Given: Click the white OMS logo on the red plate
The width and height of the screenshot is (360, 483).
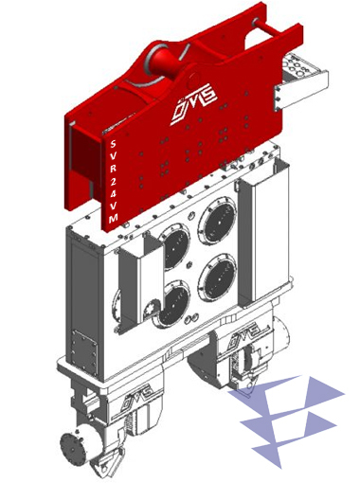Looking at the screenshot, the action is (x=193, y=103).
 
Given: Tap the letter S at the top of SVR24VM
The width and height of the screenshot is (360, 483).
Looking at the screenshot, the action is (x=113, y=144).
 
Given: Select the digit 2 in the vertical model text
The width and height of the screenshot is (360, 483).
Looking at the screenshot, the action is (x=113, y=181).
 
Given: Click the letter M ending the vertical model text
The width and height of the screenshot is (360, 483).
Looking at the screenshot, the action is (x=114, y=218).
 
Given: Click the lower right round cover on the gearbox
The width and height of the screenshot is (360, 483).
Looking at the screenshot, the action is (x=217, y=274).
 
